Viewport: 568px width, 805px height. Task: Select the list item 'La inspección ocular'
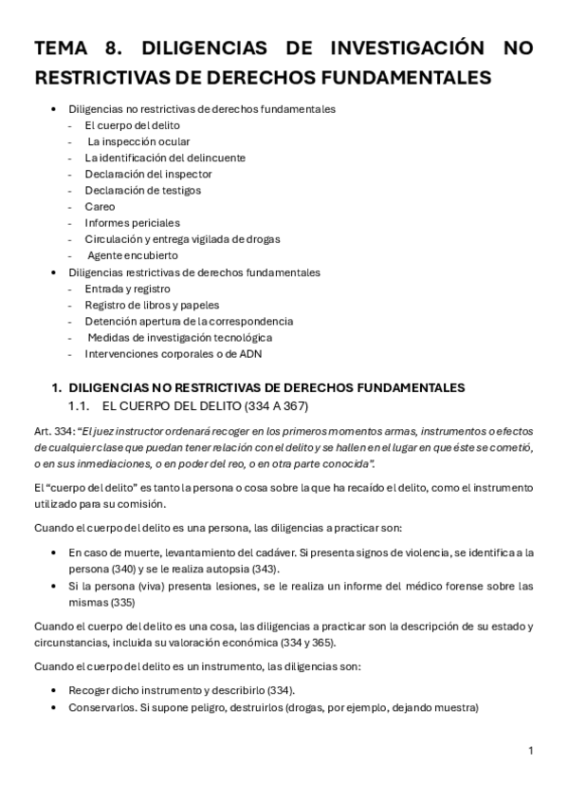pyautogui.click(x=137, y=141)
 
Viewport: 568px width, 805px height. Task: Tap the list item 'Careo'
pyautogui.click(x=100, y=206)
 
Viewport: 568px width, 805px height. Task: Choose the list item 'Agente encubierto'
pyautogui.click(x=132, y=254)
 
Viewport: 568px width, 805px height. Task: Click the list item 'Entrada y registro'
pyautogui.click(x=127, y=289)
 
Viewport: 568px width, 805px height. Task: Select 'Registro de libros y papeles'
pyautogui.click(x=152, y=305)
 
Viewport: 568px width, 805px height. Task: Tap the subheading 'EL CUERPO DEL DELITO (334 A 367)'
pyautogui.click(x=204, y=405)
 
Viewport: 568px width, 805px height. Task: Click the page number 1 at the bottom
pyautogui.click(x=531, y=751)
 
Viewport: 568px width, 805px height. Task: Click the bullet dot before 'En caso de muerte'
pyautogui.click(x=59, y=552)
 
